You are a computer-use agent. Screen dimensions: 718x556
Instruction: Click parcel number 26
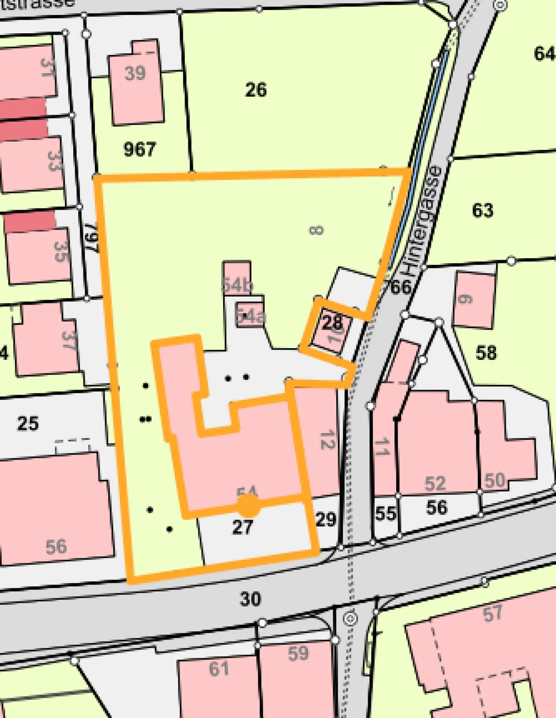[x=256, y=90]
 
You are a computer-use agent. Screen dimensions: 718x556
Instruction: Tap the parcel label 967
[x=140, y=149]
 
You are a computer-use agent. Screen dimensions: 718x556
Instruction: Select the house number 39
[x=135, y=73]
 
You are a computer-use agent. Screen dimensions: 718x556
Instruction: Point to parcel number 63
[x=483, y=211]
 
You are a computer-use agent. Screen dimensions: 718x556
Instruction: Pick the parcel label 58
[x=486, y=353]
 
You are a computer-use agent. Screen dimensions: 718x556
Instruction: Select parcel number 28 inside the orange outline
[x=332, y=322]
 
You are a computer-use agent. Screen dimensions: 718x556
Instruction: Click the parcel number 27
[x=242, y=527]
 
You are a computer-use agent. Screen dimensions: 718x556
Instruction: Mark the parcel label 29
[x=326, y=519]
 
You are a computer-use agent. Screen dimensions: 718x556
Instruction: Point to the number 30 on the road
[x=251, y=599]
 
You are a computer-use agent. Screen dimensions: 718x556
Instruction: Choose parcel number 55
[x=385, y=514]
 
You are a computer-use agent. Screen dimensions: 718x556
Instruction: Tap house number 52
[x=435, y=483]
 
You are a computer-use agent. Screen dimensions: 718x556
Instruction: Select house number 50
[x=495, y=480]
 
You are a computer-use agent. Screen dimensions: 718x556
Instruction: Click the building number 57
[x=493, y=613]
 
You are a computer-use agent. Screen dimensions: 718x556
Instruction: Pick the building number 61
[x=219, y=669]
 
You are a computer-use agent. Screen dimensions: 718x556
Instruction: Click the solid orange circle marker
[x=248, y=505]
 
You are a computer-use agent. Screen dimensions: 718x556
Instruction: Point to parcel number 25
[x=28, y=423]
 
